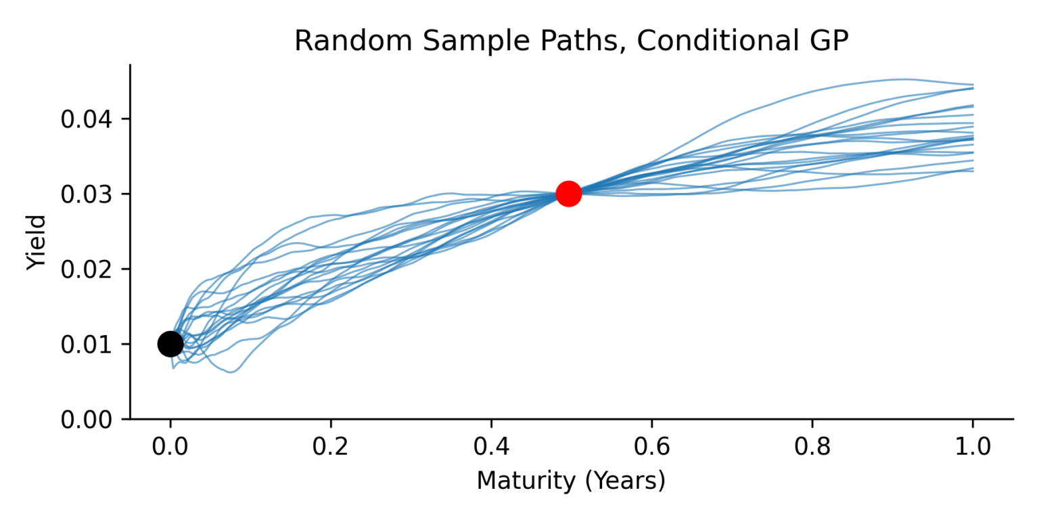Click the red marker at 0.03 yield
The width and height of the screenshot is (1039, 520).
568,194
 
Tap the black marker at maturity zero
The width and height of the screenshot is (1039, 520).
170,344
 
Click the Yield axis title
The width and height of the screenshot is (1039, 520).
37,242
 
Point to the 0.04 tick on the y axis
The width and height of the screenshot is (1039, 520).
86,120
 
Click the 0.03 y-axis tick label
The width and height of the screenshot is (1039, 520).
86,195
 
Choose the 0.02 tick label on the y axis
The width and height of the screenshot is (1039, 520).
86,269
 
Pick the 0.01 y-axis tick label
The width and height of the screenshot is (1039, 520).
86,345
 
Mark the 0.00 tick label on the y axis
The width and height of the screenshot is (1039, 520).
86,420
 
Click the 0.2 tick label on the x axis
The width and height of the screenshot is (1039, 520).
331,446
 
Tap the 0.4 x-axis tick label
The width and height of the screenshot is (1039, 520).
491,446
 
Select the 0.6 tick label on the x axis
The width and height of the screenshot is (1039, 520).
651,446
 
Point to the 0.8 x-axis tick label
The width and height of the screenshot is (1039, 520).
812,446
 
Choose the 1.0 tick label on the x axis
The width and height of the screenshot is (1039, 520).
972,446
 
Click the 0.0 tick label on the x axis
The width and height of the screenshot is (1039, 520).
170,446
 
